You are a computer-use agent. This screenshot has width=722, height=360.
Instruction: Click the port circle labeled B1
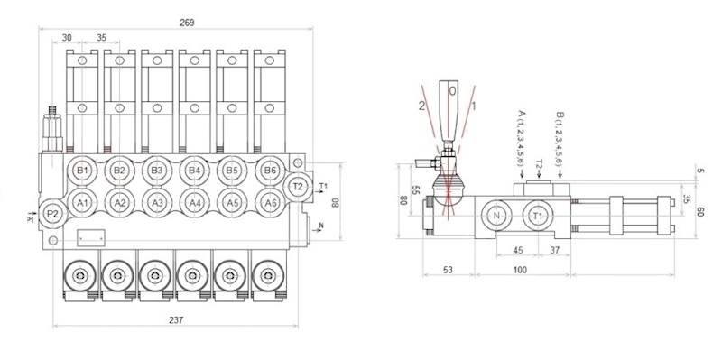coord(82,170)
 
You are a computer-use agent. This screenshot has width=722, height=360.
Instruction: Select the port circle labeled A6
coord(269,202)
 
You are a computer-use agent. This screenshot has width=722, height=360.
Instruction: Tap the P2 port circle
coord(53,214)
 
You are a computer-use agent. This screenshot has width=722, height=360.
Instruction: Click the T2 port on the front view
coord(299,186)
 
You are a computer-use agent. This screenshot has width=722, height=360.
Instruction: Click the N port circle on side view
coord(495,216)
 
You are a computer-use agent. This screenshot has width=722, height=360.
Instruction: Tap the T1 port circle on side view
coord(538,216)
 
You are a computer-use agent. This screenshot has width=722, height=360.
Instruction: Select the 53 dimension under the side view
coord(448,271)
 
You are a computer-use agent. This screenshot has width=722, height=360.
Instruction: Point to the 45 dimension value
coord(518,251)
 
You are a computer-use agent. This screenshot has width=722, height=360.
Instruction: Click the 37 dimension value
coord(555,251)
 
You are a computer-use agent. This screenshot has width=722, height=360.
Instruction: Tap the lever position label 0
coord(453,91)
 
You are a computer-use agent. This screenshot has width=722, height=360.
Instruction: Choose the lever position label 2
coord(421,104)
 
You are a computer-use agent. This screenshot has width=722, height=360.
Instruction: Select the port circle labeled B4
coord(194,170)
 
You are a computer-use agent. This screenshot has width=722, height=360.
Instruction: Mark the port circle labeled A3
coord(157,202)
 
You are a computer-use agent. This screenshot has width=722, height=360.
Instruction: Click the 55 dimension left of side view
coord(416,190)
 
